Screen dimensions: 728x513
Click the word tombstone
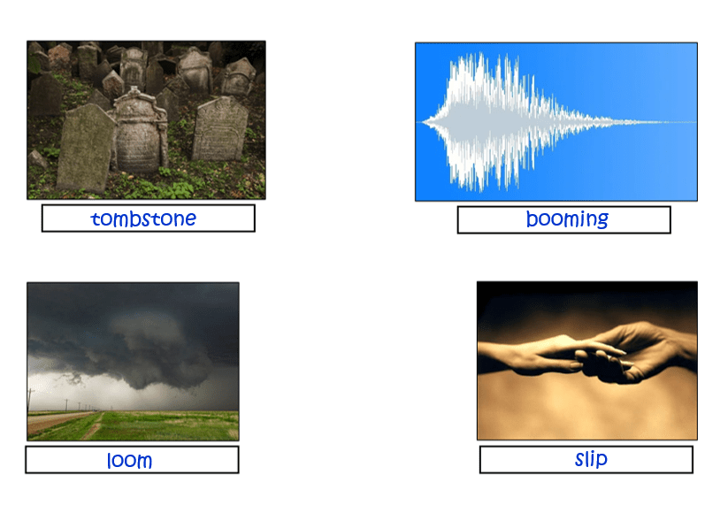coord(143,218)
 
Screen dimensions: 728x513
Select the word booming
coord(567,219)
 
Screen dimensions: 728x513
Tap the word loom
coord(129,461)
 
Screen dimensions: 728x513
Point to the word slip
coord(591,459)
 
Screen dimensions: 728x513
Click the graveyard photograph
coord(146,119)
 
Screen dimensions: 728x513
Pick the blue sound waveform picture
coord(556,122)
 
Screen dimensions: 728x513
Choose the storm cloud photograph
coord(134,361)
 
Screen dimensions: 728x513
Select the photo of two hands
coord(586,360)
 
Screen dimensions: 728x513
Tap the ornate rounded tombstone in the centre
coord(139,130)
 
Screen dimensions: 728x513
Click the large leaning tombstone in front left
coord(85,148)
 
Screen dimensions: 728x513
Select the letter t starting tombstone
coord(96,218)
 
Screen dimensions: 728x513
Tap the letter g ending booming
coord(602,221)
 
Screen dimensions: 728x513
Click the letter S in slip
coord(580,460)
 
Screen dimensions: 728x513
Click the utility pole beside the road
coord(31,400)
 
